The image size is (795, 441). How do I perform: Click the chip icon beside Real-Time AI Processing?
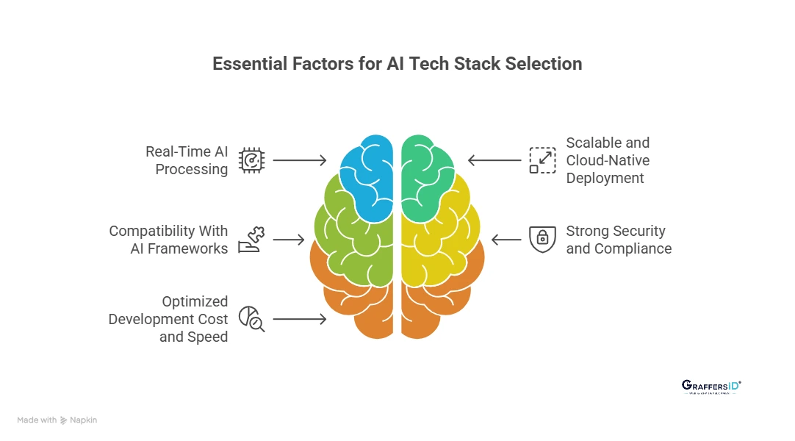pos(252,160)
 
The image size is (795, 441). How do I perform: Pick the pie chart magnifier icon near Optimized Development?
pos(252,319)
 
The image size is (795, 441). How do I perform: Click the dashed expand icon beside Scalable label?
pos(542,160)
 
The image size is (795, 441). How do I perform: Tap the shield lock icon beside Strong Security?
pos(542,239)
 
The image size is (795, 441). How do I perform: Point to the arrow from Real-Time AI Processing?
pos(300,160)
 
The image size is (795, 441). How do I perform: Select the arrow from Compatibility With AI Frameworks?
pos(289,240)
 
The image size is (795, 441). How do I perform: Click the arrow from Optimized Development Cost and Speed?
pos(300,319)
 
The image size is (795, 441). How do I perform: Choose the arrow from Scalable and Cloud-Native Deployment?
pos(494,160)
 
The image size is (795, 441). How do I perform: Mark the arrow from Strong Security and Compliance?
pos(506,240)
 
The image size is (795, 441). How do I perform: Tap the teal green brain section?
pos(426,176)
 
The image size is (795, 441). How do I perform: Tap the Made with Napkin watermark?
pos(57,420)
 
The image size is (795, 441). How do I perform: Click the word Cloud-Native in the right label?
pos(607,160)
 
